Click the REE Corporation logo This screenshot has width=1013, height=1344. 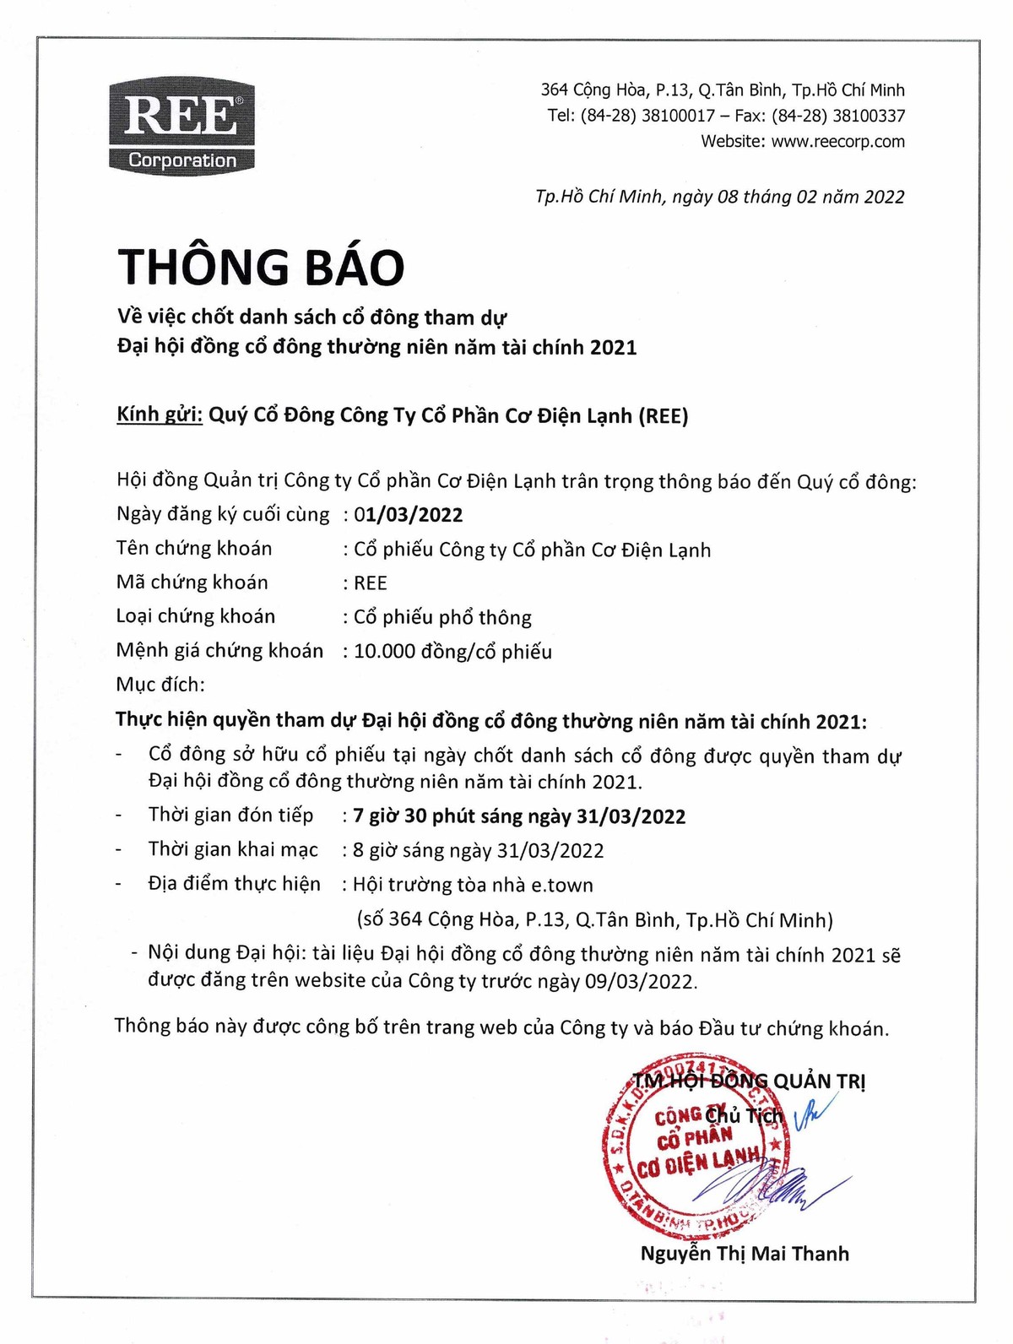click(x=181, y=127)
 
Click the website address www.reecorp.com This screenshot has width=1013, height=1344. click(x=837, y=142)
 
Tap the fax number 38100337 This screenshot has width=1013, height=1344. click(x=869, y=116)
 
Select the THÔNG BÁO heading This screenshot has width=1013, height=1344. click(x=261, y=267)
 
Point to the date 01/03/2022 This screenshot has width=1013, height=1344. click(x=409, y=515)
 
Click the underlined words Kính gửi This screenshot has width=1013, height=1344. click(x=160, y=415)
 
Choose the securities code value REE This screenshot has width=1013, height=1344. click(x=370, y=583)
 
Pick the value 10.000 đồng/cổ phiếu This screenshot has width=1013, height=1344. click(x=452, y=652)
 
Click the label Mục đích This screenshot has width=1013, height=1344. click(x=160, y=685)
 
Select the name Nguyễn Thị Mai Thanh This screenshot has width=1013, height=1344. click(x=745, y=1254)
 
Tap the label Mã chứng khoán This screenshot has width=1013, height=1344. click(x=192, y=583)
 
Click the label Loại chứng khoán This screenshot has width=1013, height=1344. click(x=196, y=616)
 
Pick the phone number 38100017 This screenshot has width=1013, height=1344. click(x=678, y=116)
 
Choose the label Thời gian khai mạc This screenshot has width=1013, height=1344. click(x=233, y=849)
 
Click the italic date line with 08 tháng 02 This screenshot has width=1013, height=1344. click(x=719, y=197)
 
